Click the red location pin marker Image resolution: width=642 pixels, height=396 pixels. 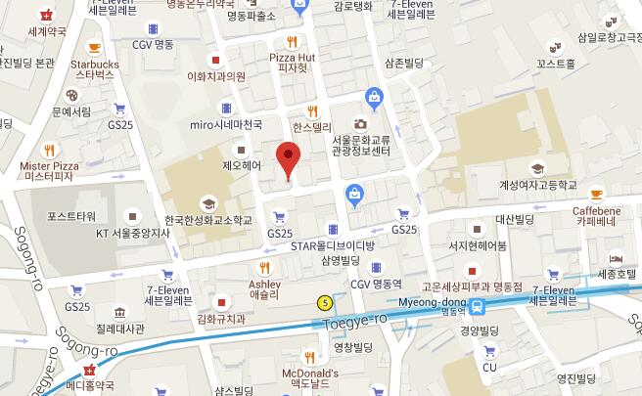tap(287, 158)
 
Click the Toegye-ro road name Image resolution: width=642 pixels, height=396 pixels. tap(354, 318)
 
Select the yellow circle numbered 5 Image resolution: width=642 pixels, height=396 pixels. tap(324, 302)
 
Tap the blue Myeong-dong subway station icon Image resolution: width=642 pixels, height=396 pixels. tap(477, 305)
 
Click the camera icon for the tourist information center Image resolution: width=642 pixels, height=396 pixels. tap(360, 124)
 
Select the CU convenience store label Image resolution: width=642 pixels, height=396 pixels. tap(490, 368)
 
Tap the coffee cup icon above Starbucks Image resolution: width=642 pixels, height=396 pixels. tap(94, 45)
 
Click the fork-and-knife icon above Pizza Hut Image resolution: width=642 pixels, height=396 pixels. tap(292, 41)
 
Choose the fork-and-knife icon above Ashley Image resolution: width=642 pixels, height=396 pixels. tap(264, 267)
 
